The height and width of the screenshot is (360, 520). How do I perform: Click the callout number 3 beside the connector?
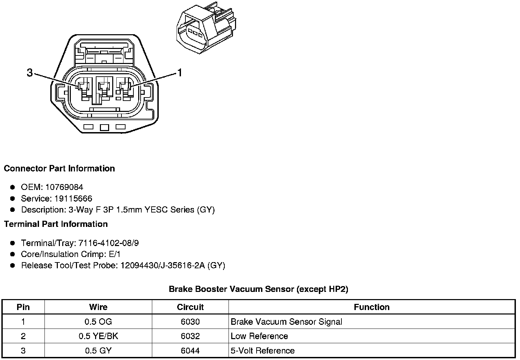tap(30, 73)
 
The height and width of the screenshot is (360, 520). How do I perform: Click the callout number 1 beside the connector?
tap(179, 73)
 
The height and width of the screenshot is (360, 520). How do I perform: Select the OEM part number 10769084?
tap(64, 187)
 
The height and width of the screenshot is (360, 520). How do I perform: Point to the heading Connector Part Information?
tap(59, 168)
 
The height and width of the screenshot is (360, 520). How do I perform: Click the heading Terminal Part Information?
tap(56, 224)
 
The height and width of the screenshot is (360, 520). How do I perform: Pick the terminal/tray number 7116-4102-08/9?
tap(108, 243)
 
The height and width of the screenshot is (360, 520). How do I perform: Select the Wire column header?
tap(98, 307)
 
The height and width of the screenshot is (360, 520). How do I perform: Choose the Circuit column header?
tap(190, 307)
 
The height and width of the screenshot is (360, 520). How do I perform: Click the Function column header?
tap(372, 307)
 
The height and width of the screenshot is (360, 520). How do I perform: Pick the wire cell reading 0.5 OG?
tap(98, 322)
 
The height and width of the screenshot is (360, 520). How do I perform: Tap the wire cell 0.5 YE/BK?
tap(98, 336)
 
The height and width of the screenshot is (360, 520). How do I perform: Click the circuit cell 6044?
tap(190, 350)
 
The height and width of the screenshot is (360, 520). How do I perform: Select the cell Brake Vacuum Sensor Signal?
tap(286, 322)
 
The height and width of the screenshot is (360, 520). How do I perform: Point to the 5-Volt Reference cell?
tap(262, 350)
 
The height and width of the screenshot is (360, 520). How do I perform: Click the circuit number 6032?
tap(190, 336)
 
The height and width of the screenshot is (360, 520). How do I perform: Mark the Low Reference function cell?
tap(259, 336)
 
